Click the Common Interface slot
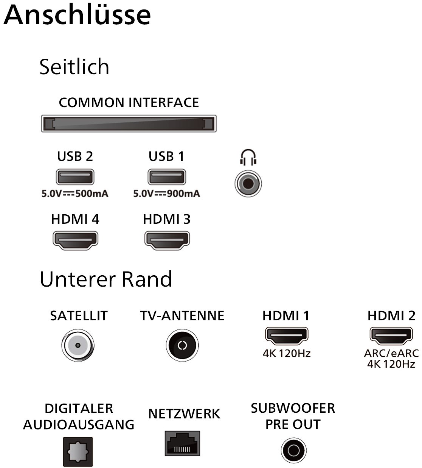point(129,124)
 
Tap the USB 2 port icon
point(75,177)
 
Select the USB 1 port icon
point(166,177)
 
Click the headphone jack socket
point(248,184)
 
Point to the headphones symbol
point(248,157)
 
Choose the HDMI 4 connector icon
point(75,240)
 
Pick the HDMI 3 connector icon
point(167,240)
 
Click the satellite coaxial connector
point(78,345)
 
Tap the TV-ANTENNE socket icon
point(182,345)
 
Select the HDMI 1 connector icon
point(287,335)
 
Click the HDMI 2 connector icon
point(391,335)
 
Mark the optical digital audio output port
point(78,452)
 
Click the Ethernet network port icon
point(182,443)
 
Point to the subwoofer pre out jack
point(293,451)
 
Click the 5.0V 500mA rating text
point(75,194)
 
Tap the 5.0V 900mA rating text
point(166,194)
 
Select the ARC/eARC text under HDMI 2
point(391,353)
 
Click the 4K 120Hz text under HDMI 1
point(287,354)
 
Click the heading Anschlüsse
point(77,15)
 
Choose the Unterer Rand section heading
point(105,279)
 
